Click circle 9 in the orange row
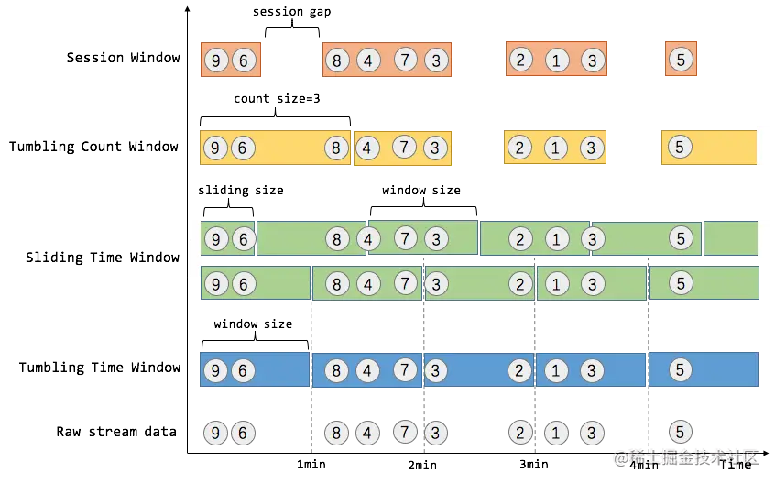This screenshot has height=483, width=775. pyautogui.click(x=215, y=61)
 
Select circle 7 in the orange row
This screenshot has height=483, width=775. pyautogui.click(x=407, y=60)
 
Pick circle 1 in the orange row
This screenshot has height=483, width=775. pyautogui.click(x=556, y=61)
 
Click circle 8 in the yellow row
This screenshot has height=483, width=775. pyautogui.click(x=337, y=148)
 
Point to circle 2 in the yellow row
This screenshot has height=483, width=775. pyautogui.click(x=520, y=148)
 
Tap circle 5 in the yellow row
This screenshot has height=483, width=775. pyautogui.click(x=680, y=147)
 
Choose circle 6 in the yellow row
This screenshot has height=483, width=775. pyautogui.click(x=243, y=148)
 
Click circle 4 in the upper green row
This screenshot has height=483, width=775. pyautogui.click(x=367, y=239)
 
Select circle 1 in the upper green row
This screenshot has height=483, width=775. pyautogui.click(x=556, y=239)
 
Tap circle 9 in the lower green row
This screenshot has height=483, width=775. pyautogui.click(x=215, y=284)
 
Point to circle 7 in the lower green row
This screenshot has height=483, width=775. pyautogui.click(x=407, y=283)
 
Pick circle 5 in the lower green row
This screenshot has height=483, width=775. pyautogui.click(x=680, y=283)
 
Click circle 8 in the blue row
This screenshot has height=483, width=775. pyautogui.click(x=337, y=370)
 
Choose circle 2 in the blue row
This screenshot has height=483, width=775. pyautogui.click(x=520, y=370)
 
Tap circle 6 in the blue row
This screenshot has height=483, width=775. pyautogui.click(x=243, y=370)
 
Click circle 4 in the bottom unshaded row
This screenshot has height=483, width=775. pyautogui.click(x=367, y=433)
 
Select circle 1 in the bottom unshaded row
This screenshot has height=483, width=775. pyautogui.click(x=556, y=433)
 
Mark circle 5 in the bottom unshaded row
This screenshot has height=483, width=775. pyautogui.click(x=680, y=432)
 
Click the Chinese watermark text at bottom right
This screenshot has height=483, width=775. pyautogui.click(x=686, y=456)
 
